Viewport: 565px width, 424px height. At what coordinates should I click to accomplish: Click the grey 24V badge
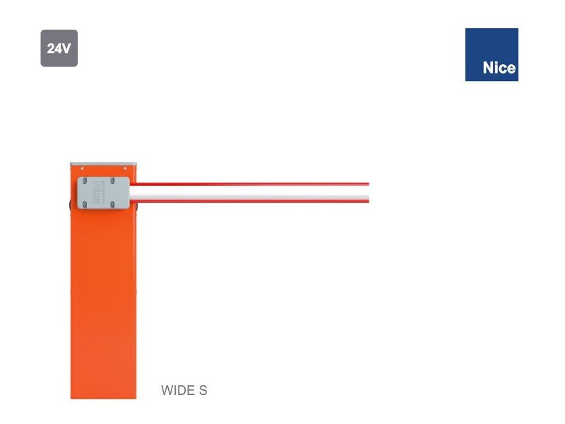point(59,49)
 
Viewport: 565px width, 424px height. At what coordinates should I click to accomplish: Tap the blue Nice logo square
point(492,54)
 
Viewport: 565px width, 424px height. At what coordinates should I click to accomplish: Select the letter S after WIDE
point(203,390)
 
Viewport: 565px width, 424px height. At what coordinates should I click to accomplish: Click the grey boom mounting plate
point(103,193)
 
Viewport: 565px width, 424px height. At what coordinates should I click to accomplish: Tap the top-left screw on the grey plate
point(83,182)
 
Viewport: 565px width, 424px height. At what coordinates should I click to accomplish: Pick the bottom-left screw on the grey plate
point(83,204)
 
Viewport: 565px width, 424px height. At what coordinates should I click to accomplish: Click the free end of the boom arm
point(366,192)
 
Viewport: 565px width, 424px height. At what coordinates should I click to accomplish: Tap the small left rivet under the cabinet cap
point(82,169)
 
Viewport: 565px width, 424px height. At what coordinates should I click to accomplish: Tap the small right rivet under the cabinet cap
point(125,169)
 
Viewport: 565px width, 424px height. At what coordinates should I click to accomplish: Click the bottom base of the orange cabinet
point(103,393)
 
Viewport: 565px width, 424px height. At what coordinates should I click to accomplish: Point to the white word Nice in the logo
point(499,69)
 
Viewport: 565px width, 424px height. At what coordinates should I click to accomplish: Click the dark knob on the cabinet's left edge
point(70,206)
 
